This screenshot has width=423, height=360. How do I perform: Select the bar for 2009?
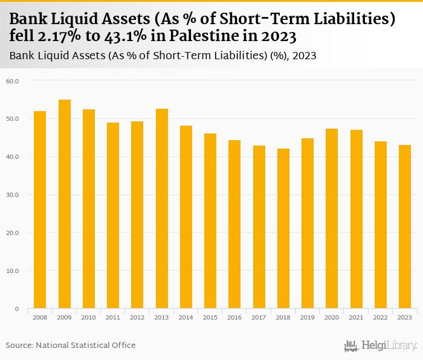point(65,204)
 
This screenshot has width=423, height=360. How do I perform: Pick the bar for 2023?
point(405,227)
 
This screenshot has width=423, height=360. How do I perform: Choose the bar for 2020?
point(332,219)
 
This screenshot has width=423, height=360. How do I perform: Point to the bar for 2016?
point(234,224)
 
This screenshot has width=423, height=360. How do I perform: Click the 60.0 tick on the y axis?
point(13,81)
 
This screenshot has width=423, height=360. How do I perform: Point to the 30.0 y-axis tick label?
point(13,195)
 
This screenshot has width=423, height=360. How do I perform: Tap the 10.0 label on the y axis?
point(13,271)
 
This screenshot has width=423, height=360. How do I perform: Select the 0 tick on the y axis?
point(18,309)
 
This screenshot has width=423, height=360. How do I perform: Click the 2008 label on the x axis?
point(40,317)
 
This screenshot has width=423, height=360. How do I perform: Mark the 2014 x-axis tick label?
point(186,317)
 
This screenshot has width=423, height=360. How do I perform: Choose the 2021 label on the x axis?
point(356,317)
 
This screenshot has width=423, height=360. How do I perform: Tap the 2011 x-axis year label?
point(113,317)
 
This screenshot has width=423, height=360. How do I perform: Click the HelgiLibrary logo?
point(381,346)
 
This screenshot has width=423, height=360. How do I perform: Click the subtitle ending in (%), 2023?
point(163,56)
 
